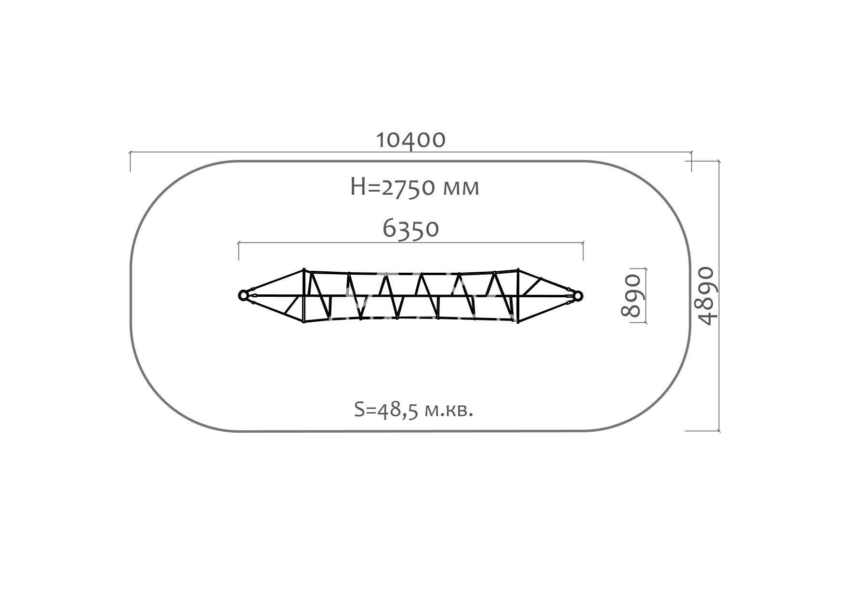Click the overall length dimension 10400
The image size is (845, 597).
pos(410,140)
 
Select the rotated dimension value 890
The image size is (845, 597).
pos(631,295)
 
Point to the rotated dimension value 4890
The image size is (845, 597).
pos(707,296)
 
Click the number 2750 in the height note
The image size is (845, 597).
pos(410,187)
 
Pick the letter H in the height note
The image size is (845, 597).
pos(359,187)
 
